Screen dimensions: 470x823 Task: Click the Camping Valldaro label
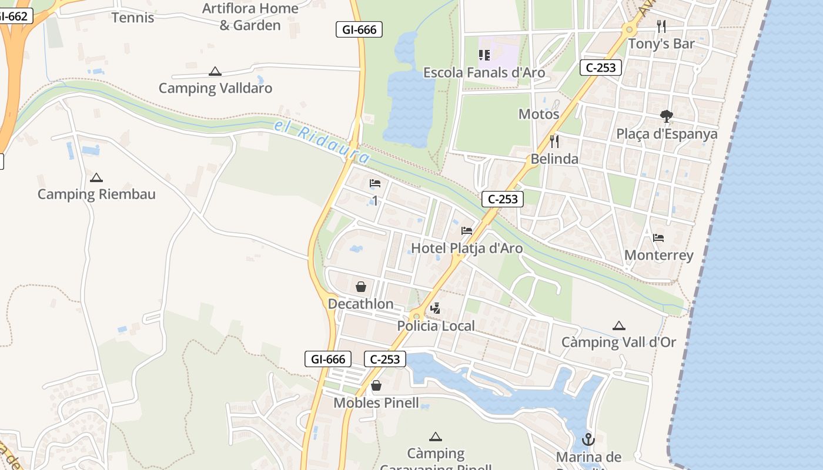tap(215, 88)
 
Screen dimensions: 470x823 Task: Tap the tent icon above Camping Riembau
tap(96, 177)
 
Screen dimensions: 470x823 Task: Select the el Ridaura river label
tap(322, 142)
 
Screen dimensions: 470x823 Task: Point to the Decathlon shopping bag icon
tap(361, 287)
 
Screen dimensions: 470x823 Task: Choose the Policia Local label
tap(436, 326)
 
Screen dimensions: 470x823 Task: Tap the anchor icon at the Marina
tap(588, 439)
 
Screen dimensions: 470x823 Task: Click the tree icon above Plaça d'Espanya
tap(666, 116)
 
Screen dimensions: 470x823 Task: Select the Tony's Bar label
tap(661, 43)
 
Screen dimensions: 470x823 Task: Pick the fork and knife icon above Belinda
tap(554, 141)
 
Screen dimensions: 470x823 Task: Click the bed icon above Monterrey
tap(658, 238)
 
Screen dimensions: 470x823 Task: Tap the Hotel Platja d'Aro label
tap(467, 248)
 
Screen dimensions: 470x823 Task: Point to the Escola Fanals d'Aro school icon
tap(484, 55)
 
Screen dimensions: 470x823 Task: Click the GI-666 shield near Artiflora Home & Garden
tap(359, 29)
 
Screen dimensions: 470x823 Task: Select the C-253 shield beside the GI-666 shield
tap(385, 359)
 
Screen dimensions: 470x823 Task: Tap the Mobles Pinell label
tap(376, 403)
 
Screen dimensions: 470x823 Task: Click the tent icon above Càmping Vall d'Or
tap(618, 325)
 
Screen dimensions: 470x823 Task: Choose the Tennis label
tap(133, 18)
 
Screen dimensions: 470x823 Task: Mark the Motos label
tap(538, 114)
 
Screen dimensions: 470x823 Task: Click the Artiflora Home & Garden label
tap(250, 16)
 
